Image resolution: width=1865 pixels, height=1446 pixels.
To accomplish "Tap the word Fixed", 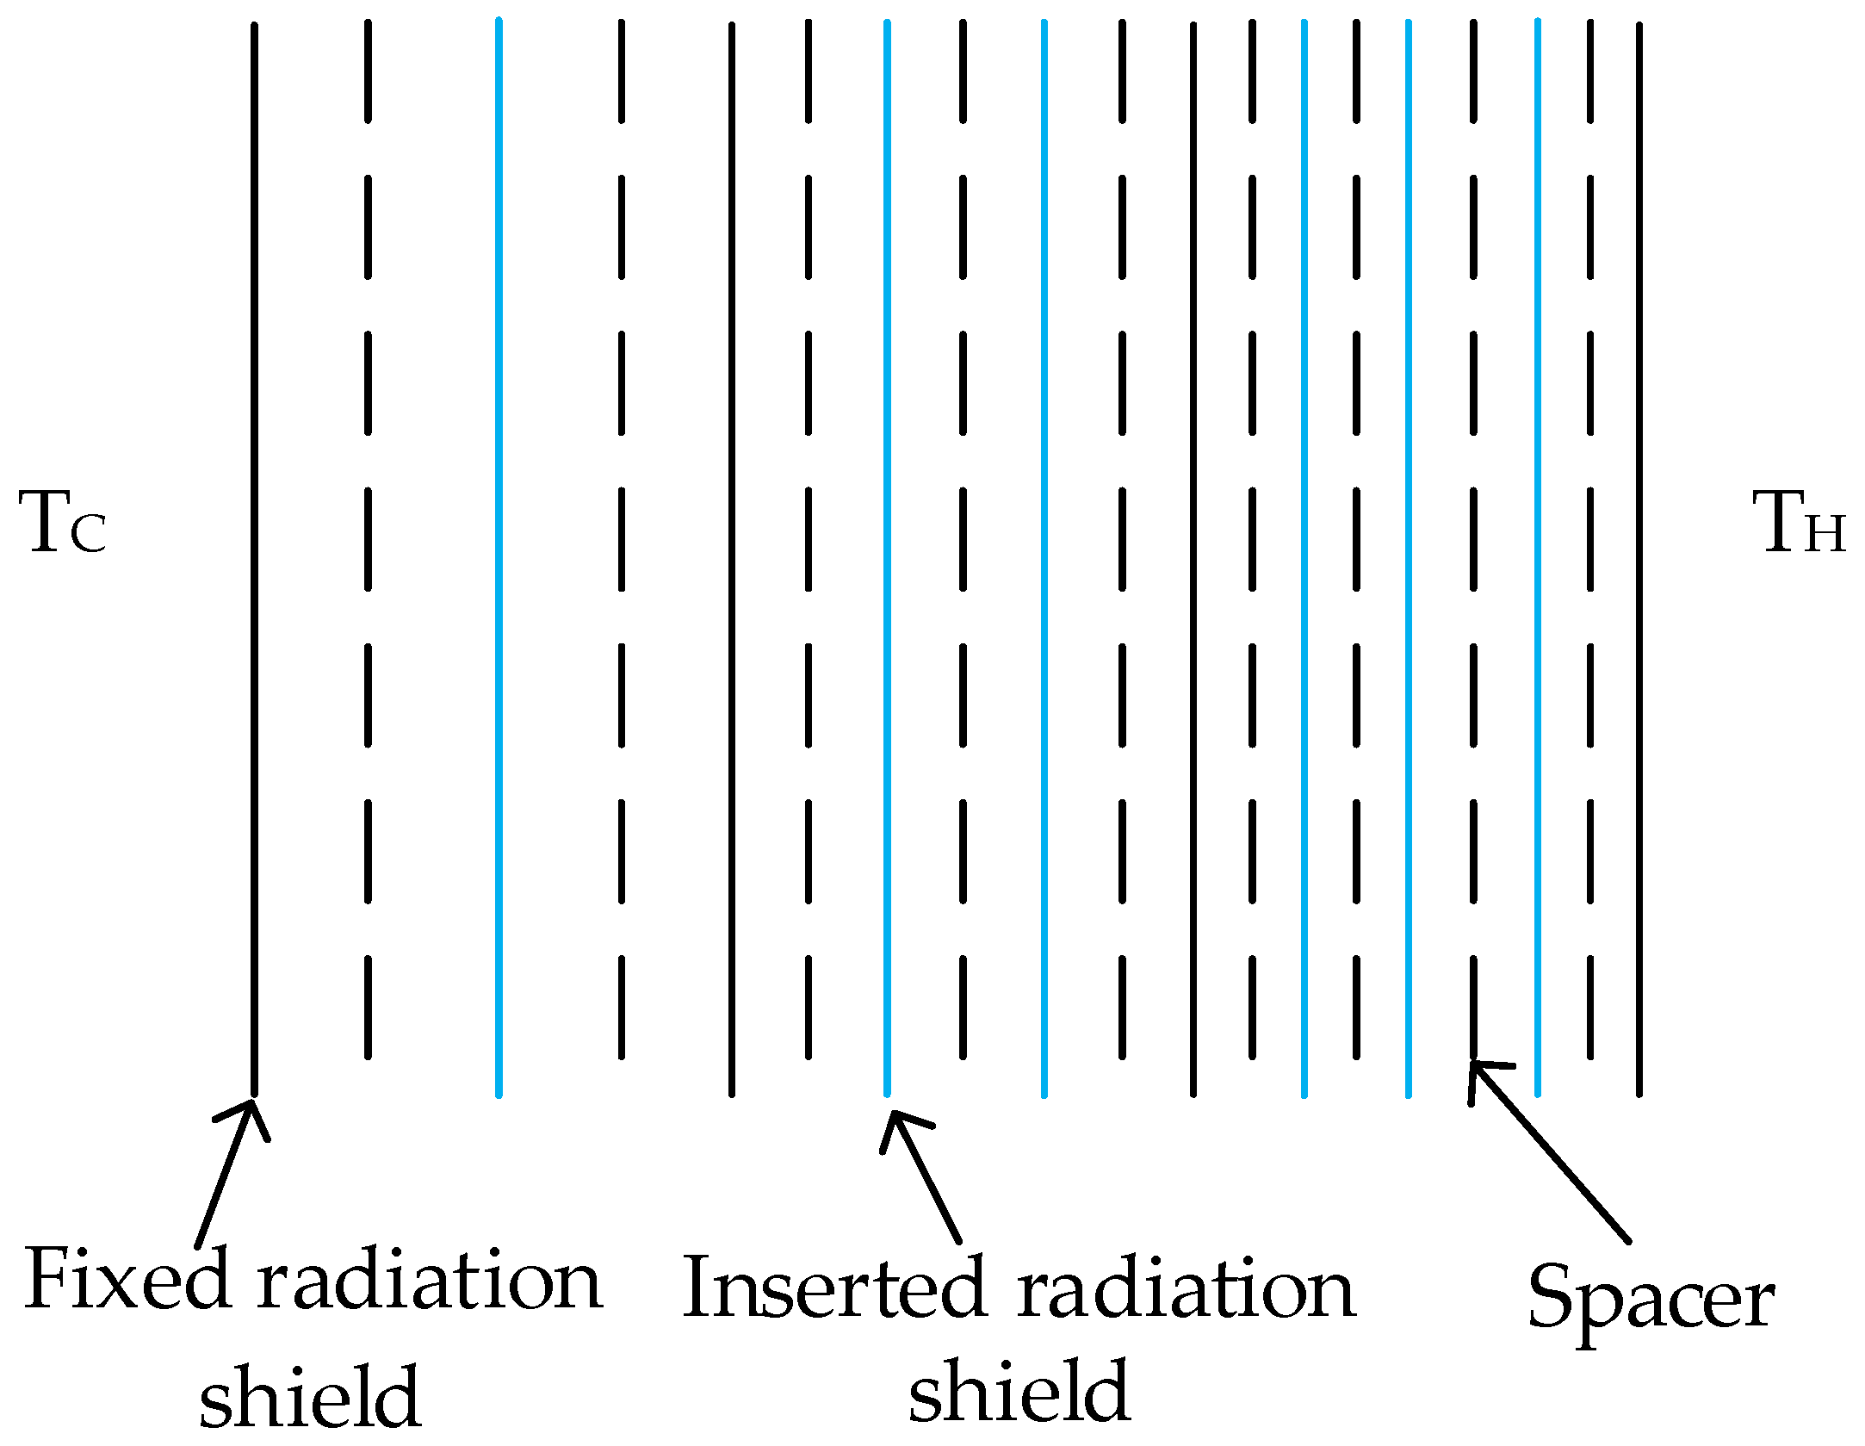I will [127, 1281].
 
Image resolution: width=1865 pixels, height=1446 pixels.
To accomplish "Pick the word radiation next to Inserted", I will [1186, 1289].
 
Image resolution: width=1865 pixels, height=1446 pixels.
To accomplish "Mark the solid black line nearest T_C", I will [254, 560].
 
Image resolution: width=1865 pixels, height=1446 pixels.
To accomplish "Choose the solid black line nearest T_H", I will [1639, 560].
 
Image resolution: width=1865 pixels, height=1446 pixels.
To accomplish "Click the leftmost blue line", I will [499, 560].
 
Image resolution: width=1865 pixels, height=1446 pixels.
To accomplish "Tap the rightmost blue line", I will [1537, 560].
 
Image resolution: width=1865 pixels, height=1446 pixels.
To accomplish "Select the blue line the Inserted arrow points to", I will [887, 560].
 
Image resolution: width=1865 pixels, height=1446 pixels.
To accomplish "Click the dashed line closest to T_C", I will [368, 539].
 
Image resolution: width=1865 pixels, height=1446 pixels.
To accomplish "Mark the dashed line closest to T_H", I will [1590, 539].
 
